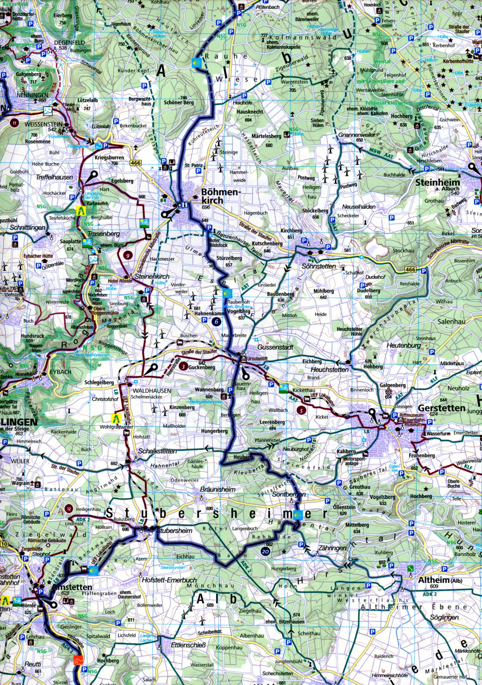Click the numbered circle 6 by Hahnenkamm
(216, 321)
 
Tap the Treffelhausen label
(54, 177)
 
